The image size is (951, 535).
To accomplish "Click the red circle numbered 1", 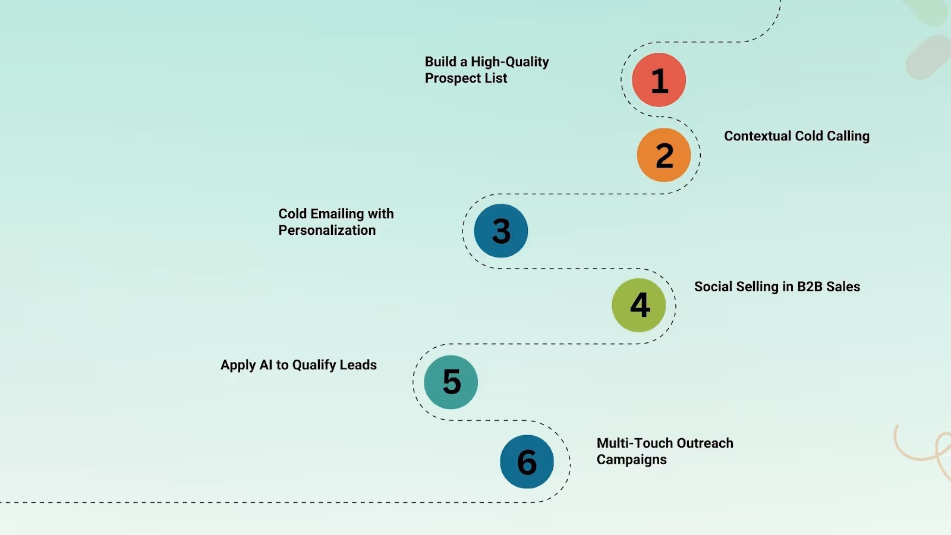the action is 659,80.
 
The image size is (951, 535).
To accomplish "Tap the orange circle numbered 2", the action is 664,155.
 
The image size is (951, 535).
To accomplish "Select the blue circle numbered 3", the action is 501,231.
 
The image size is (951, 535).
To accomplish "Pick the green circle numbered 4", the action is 639,305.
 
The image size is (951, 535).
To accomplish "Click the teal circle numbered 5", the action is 451,382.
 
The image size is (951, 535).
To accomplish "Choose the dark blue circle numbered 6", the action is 527,462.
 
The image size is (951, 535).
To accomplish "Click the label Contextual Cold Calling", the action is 796,136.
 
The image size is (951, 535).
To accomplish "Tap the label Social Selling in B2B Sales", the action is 777,287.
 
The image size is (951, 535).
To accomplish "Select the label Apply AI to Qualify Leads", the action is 298,365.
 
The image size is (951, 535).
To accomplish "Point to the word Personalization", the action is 327,231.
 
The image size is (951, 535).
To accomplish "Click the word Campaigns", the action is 631,460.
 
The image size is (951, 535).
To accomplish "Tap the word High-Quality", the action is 510,62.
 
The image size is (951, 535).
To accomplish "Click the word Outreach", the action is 705,443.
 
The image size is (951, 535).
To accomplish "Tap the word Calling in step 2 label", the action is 848,136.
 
